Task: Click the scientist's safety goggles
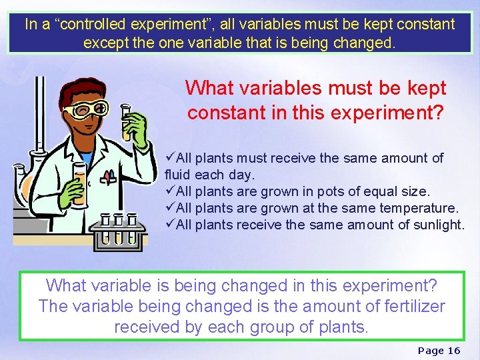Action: click(x=85, y=109)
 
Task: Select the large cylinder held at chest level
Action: click(x=79, y=183)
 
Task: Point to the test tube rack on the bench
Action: click(x=117, y=230)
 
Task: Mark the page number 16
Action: click(x=453, y=350)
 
